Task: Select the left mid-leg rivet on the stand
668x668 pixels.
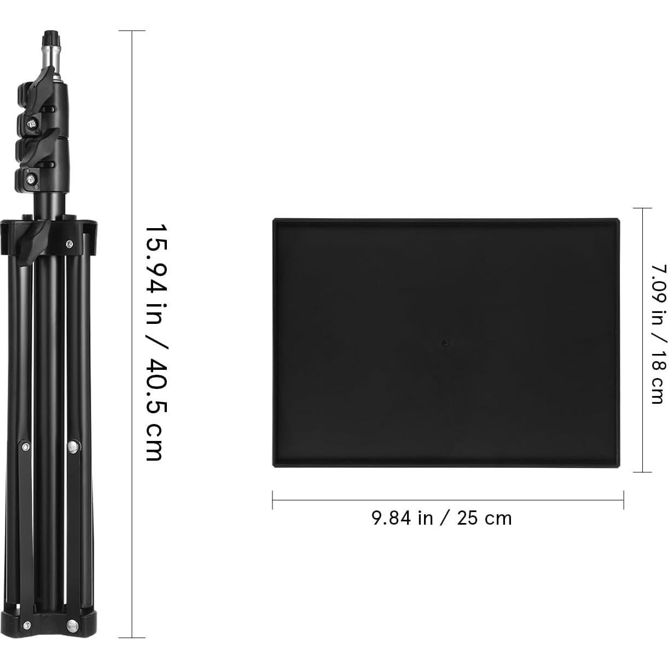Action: point(25,447)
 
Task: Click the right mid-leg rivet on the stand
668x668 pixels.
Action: point(73,448)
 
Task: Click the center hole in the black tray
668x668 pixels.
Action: point(445,343)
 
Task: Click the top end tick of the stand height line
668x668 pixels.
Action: point(132,31)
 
